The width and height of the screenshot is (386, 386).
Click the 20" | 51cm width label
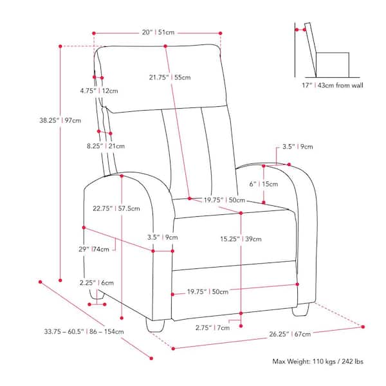(x=158, y=32)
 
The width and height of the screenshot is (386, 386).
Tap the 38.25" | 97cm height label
(x=60, y=120)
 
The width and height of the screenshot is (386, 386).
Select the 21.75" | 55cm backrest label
(x=170, y=77)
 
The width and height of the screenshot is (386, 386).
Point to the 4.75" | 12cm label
(x=99, y=91)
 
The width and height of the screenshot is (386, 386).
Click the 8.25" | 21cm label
(x=106, y=146)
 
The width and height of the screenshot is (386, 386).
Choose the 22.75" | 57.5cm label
(x=116, y=208)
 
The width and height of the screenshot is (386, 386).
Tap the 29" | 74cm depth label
(x=94, y=249)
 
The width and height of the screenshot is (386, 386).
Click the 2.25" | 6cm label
(x=96, y=282)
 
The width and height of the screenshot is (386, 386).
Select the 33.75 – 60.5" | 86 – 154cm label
(x=84, y=331)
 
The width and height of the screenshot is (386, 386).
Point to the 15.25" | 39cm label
(x=241, y=239)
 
